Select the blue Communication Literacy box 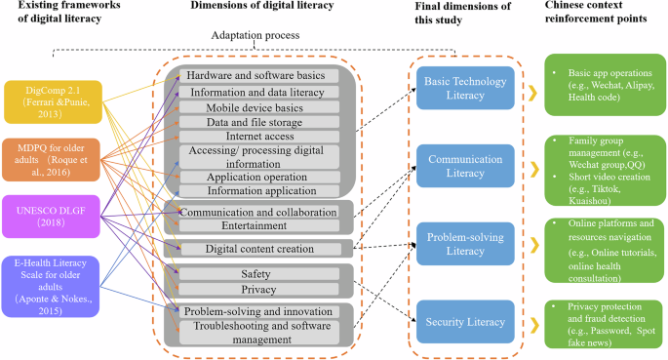[463, 164]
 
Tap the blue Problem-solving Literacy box [463, 242]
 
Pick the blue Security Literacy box [463, 321]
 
